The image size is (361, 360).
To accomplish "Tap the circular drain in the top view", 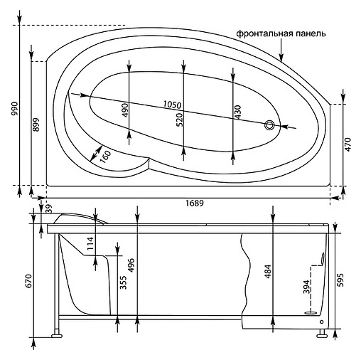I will [x=269, y=125].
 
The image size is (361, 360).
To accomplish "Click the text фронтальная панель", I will [x=281, y=33].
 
